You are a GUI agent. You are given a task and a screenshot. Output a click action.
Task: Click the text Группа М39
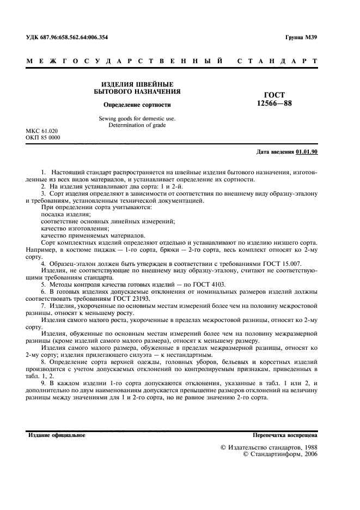coord(301,37)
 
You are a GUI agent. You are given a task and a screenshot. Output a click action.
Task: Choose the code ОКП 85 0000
coord(43,138)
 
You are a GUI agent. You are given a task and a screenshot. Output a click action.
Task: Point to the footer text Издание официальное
coord(56,435)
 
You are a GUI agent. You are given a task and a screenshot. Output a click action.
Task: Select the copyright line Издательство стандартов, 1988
coord(272,447)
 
